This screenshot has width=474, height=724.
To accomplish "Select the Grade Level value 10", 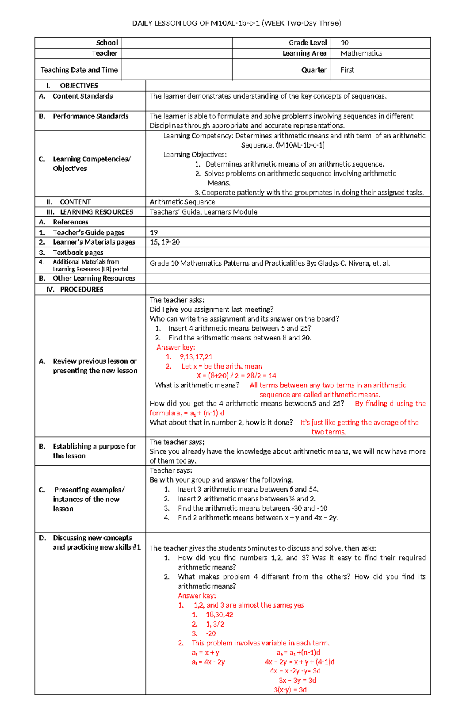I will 344,43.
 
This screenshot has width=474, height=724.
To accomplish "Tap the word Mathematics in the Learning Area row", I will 361,53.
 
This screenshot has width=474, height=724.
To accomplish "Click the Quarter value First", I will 347,70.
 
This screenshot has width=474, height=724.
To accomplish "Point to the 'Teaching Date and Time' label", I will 79,70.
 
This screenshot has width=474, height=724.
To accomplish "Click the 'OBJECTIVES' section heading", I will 79,86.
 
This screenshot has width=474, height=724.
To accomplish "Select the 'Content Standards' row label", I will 83,96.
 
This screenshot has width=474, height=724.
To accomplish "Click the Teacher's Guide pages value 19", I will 154,232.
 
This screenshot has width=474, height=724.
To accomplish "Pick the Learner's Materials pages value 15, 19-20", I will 165,242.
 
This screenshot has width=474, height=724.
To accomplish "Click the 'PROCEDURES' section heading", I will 81,290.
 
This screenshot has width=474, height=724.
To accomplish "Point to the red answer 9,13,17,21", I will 196,357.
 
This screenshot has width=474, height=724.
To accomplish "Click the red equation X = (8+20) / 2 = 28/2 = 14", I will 236,376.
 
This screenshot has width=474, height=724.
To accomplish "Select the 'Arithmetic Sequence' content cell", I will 182,202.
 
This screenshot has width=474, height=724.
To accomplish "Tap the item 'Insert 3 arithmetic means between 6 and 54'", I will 248,489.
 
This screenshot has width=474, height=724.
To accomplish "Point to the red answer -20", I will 211,634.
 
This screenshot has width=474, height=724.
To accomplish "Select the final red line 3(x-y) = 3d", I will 290,690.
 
